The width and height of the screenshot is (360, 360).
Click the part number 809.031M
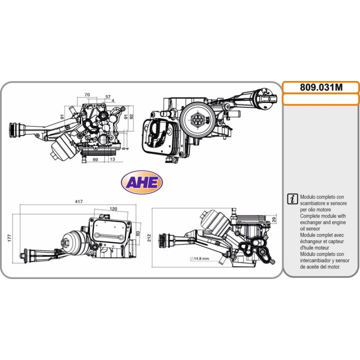click(x=321, y=87)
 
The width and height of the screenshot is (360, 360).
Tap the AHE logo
click(x=141, y=182)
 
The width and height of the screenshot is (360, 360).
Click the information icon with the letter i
click(x=292, y=198)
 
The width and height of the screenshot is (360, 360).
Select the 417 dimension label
click(x=79, y=201)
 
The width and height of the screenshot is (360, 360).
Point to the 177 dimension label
click(x=9, y=238)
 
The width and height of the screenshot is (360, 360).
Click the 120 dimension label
click(x=113, y=208)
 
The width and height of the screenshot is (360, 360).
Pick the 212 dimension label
click(x=149, y=237)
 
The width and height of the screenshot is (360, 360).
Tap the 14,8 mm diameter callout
click(x=199, y=258)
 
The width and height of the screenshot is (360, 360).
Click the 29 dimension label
click(x=274, y=219)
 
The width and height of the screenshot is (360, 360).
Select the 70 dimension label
click(x=87, y=94)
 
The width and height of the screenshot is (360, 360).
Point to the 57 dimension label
click(x=108, y=96)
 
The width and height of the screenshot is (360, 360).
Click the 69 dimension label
click(x=95, y=159)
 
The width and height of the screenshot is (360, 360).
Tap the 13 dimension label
click(x=112, y=159)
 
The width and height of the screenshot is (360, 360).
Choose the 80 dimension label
click(x=138, y=233)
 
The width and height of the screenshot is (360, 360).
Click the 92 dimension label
click(x=131, y=116)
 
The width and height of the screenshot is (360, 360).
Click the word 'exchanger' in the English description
click(x=311, y=222)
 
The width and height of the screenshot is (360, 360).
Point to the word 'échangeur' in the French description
click(x=311, y=241)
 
